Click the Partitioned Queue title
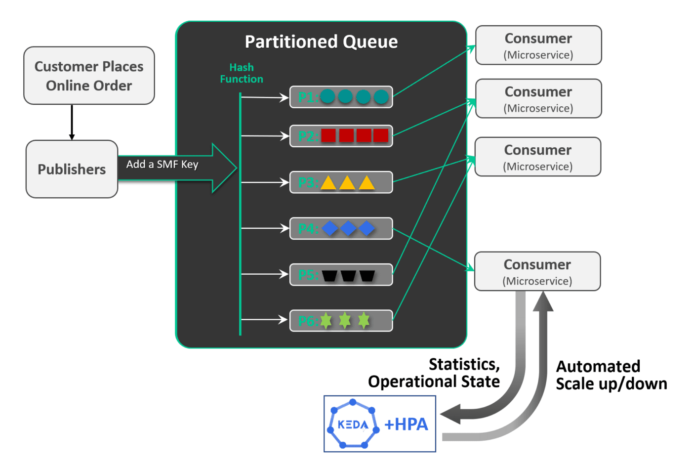pos(321,42)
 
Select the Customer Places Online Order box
pos(89,76)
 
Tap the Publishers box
pos(72,169)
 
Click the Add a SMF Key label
pos(162,165)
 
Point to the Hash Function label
pos(242,73)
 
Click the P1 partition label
pos(308,97)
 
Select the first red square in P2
pos(328,135)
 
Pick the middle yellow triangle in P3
pos(347,183)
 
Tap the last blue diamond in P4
pos(367,228)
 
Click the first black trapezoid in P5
pos(329,275)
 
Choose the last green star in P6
pos(364,320)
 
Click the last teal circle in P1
pos(381,97)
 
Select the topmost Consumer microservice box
pos(538,45)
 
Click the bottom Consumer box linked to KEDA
pos(537,271)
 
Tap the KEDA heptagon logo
pos(353,424)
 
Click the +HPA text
pos(406,425)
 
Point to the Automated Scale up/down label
pos(611,375)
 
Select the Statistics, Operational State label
pos(434,373)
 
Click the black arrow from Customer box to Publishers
pos(72,122)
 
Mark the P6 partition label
pos(308,321)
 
